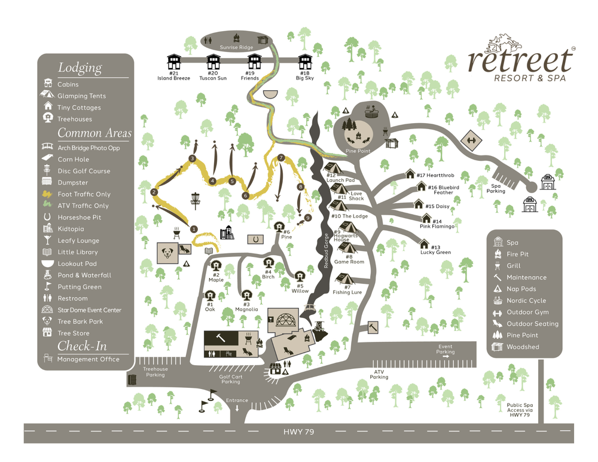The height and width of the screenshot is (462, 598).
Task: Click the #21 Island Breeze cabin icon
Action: pyautogui.click(x=174, y=62)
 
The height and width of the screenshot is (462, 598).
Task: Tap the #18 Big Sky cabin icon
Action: pyautogui.click(x=305, y=62)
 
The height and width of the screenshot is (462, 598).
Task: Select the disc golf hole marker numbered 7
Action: pyautogui.click(x=280, y=158)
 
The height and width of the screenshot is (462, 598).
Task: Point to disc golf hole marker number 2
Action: pyautogui.click(x=154, y=192)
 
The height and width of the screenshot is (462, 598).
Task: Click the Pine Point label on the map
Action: pyautogui.click(x=358, y=151)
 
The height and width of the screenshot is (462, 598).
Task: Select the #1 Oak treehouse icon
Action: pyautogui.click(x=210, y=295)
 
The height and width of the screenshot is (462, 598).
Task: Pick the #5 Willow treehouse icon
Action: pyautogui.click(x=300, y=277)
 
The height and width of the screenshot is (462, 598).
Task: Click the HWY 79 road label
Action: pyautogui.click(x=299, y=432)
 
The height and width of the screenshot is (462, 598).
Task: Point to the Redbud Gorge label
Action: pyautogui.click(x=327, y=251)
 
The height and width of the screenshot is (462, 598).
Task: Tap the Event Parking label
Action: pyautogui.click(x=446, y=349)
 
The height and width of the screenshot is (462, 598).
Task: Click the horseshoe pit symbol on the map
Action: pyautogui.click(x=256, y=238)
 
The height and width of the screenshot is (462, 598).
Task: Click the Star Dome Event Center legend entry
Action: pyautogui.click(x=89, y=310)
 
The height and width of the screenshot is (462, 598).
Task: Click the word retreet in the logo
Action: pyautogui.click(x=520, y=59)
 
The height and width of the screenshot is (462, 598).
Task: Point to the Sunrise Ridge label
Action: pyautogui.click(x=236, y=47)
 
